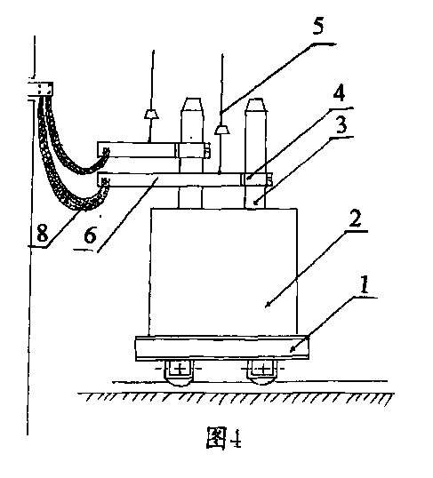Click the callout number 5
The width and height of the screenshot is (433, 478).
[x=317, y=27]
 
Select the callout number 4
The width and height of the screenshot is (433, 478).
[x=339, y=92]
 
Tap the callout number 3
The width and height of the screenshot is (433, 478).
[x=341, y=124]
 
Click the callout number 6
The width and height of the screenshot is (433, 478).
[x=90, y=235]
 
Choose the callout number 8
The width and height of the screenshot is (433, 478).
[x=42, y=234]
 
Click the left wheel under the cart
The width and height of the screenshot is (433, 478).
[x=180, y=372]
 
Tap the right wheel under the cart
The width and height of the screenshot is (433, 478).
[x=262, y=372]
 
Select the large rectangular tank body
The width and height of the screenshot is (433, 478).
[x=223, y=272]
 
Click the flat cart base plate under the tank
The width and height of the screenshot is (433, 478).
[x=222, y=347]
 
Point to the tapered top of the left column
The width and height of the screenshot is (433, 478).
[x=192, y=105]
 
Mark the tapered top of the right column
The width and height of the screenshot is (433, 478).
[x=256, y=105]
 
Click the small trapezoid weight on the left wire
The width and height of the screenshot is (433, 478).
[x=151, y=115]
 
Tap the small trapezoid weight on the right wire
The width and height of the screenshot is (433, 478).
[x=222, y=130]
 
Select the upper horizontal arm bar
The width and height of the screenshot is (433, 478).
[x=154, y=150]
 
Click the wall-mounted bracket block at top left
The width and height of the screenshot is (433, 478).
[x=41, y=89]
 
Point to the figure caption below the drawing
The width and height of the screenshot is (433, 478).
[x=224, y=437]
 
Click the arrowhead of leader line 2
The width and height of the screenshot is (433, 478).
[x=268, y=304]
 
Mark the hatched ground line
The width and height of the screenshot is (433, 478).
[x=237, y=398]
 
